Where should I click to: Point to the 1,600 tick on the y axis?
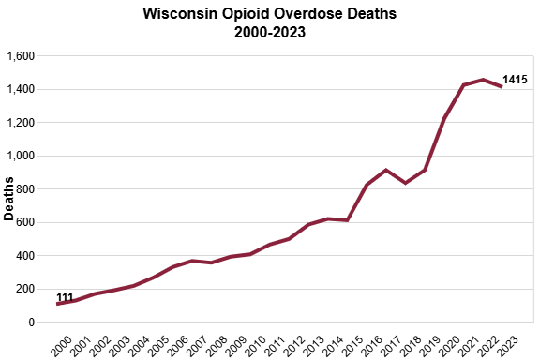20,56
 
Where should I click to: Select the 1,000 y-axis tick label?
20,156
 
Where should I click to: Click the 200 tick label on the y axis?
24,289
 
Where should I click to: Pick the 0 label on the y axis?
31,322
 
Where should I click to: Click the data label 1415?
516,81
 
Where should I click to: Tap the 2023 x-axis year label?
507,344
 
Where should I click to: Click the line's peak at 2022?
483,80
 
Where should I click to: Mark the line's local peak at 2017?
386,170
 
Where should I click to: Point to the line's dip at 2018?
406,183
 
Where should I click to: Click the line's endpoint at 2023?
502,87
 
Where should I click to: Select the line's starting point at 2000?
58,304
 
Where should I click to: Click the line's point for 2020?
444,118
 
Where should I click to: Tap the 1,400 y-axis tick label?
20,89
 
